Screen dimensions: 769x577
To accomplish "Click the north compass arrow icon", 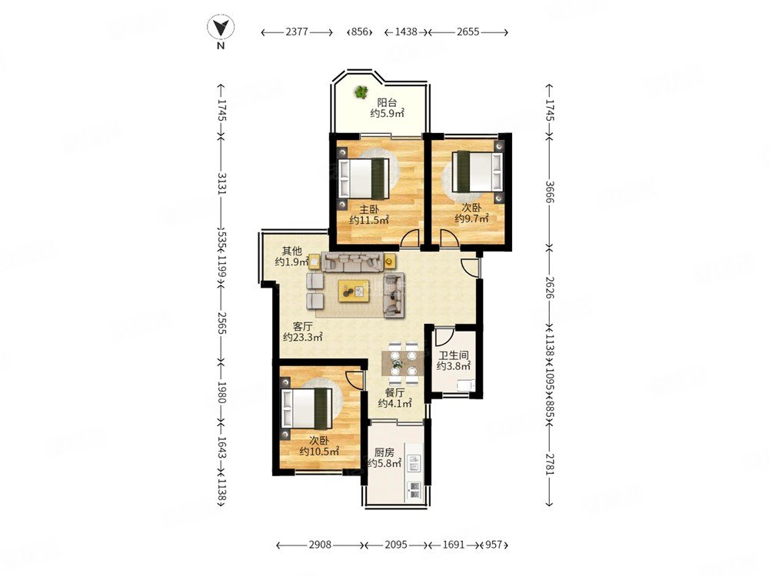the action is [x=220, y=28].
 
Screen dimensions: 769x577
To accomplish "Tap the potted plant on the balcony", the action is [x=361, y=92].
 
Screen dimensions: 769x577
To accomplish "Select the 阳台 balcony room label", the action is [x=387, y=102].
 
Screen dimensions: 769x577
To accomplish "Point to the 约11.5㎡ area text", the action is [x=369, y=220].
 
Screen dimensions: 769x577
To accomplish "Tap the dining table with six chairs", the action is [x=403, y=364].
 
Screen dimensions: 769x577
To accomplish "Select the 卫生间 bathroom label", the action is [x=453, y=355].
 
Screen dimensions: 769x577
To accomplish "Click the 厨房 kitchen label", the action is [x=384, y=452].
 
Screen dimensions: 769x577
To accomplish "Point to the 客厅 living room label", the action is [x=302, y=326].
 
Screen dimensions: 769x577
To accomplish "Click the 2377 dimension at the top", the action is [x=297, y=32].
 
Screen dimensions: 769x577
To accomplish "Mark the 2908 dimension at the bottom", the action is [x=320, y=545].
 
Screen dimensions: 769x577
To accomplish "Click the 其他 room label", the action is [x=291, y=251].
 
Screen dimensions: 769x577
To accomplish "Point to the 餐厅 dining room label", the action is [x=394, y=393].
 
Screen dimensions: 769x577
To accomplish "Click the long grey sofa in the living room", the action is [x=352, y=262].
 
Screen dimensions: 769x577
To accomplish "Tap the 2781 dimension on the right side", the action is [x=549, y=463].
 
